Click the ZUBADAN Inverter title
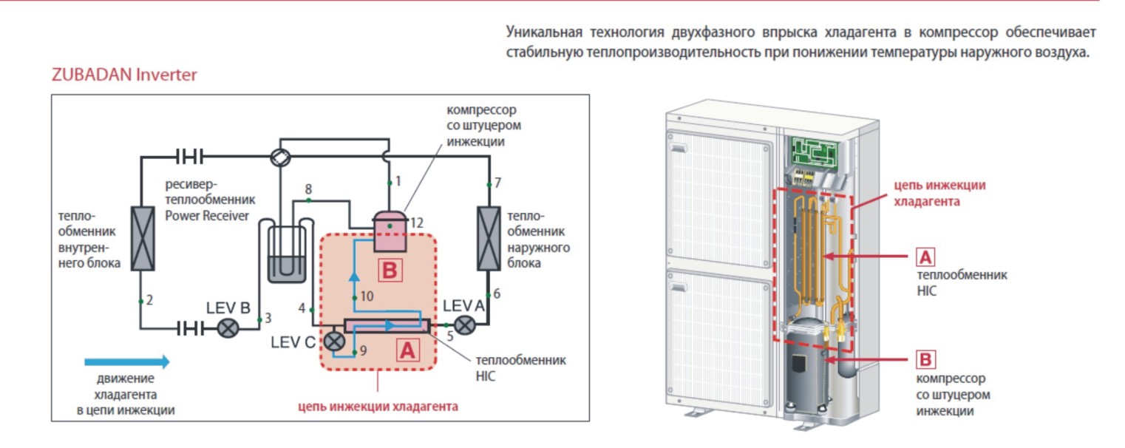coord(123,75)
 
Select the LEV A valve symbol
coord(465,326)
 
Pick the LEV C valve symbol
coord(335,342)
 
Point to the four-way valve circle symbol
coord(279,157)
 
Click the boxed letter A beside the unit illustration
coord(925,257)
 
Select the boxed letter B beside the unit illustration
coord(925,360)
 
